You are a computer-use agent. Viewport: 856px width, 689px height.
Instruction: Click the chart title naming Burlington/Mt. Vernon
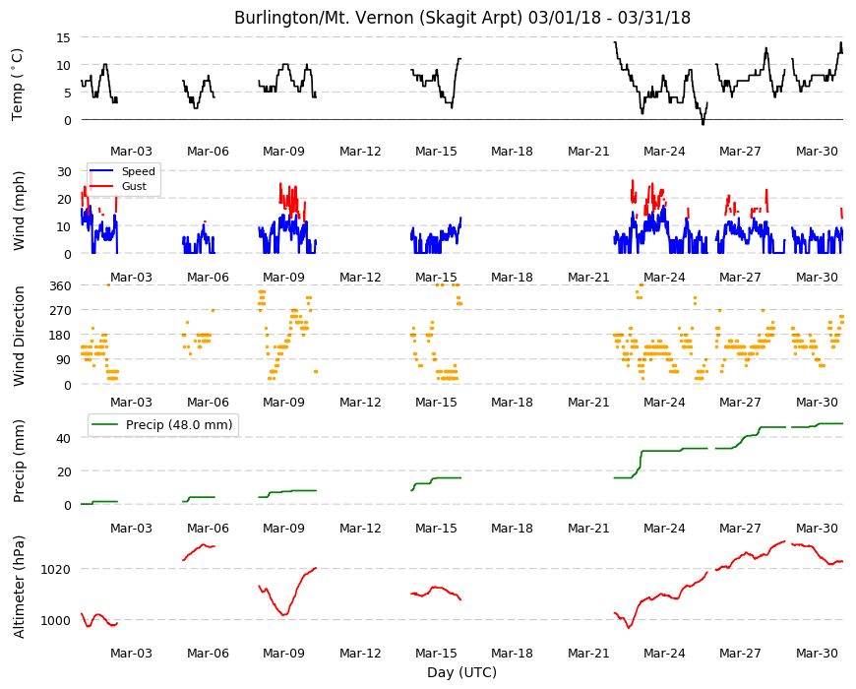pyautogui.click(x=461, y=18)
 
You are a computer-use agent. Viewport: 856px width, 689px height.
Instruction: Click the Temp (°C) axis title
pyautogui.click(x=18, y=84)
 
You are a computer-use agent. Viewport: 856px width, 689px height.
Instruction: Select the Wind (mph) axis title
pyautogui.click(x=19, y=211)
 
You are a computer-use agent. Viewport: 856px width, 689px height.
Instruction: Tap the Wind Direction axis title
pyautogui.click(x=19, y=336)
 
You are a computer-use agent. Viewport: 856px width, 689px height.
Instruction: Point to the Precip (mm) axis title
pyautogui.click(x=19, y=461)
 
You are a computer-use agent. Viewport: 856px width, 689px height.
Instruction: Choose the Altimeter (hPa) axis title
pyautogui.click(x=19, y=587)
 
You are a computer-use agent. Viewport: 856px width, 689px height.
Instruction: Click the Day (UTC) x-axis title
pyautogui.click(x=461, y=672)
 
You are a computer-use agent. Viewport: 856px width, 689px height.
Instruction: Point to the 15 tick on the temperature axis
pyautogui.click(x=63, y=37)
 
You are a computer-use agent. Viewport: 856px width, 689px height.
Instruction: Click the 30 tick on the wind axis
pyautogui.click(x=64, y=171)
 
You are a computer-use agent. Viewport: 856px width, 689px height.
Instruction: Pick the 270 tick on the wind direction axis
pyautogui.click(x=60, y=311)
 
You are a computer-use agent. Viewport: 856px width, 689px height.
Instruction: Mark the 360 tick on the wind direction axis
pyautogui.click(x=60, y=286)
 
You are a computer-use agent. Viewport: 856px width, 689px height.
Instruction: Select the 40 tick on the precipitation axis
pyautogui.click(x=64, y=438)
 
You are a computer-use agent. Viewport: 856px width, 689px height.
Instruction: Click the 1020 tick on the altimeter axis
pyautogui.click(x=56, y=570)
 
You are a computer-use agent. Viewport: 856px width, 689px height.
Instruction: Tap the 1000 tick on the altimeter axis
pyautogui.click(x=56, y=621)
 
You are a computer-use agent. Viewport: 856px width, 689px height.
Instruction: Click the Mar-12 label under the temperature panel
pyautogui.click(x=360, y=152)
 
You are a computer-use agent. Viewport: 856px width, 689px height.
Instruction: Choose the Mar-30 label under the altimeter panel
pyautogui.click(x=817, y=653)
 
